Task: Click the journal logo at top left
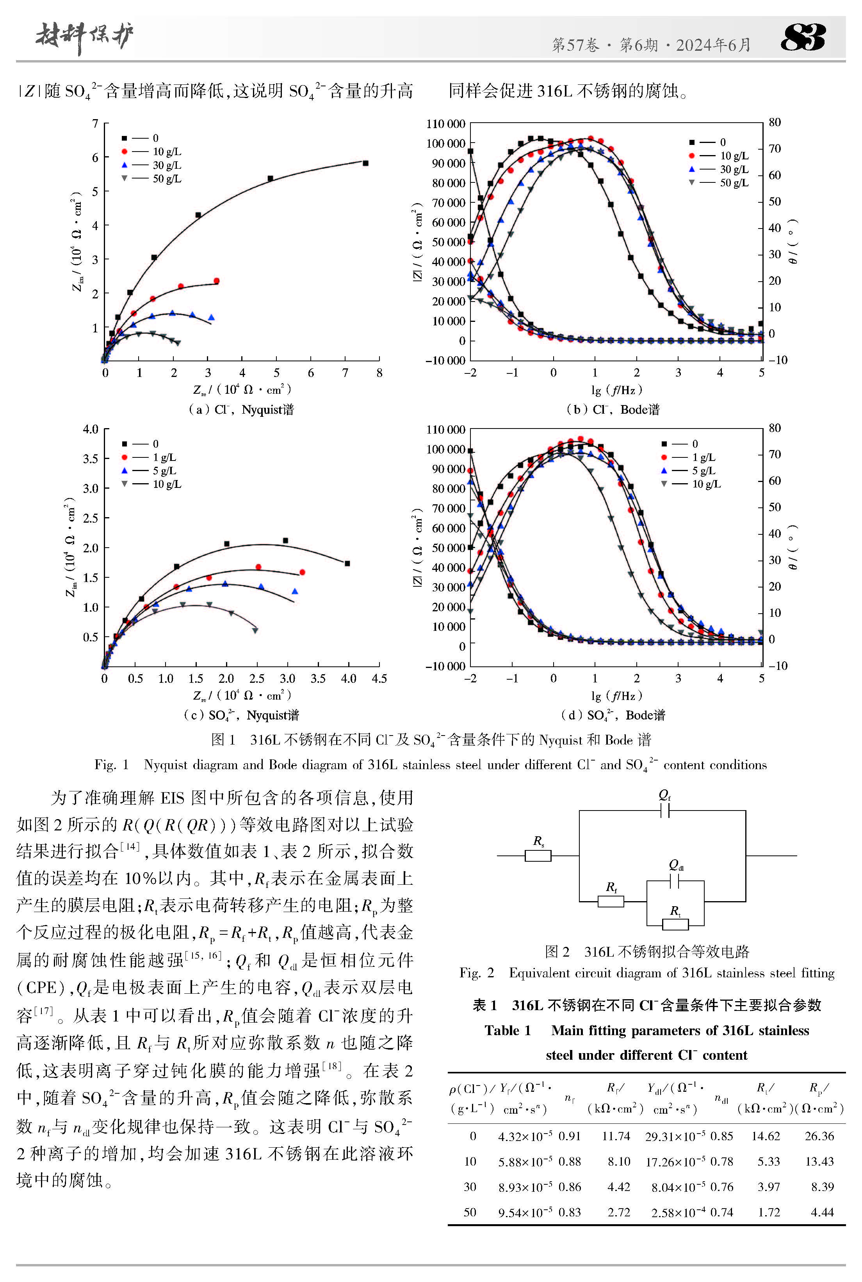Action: pyautogui.click(x=84, y=37)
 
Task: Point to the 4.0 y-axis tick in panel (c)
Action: pyautogui.click(x=91, y=429)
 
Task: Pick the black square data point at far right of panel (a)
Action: pyautogui.click(x=365, y=163)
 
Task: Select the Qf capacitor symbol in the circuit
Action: pyautogui.click(x=664, y=811)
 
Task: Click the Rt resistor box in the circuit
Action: pyautogui.click(x=675, y=925)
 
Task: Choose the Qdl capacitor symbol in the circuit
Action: pyautogui.click(x=675, y=882)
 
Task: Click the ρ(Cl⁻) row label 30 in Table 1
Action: pyautogui.click(x=470, y=1187)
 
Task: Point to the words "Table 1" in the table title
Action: pyautogui.click(x=508, y=1030)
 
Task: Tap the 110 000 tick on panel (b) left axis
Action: pyautogui.click(x=446, y=124)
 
